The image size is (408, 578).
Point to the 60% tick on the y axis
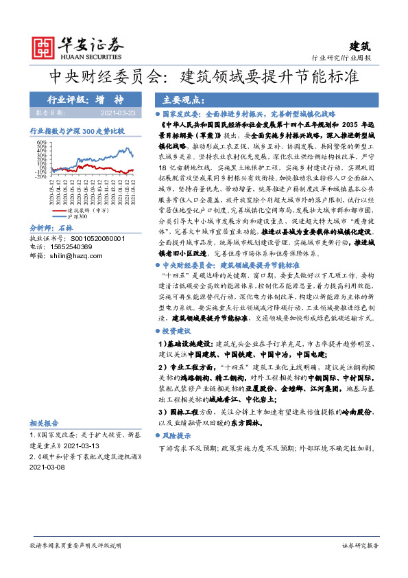pyautogui.click(x=43, y=145)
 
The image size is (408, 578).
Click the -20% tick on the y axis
pyautogui.click(x=41, y=176)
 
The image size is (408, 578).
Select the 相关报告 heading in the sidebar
pyautogui.click(x=45, y=423)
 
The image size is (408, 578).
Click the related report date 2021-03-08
pyautogui.click(x=47, y=466)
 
